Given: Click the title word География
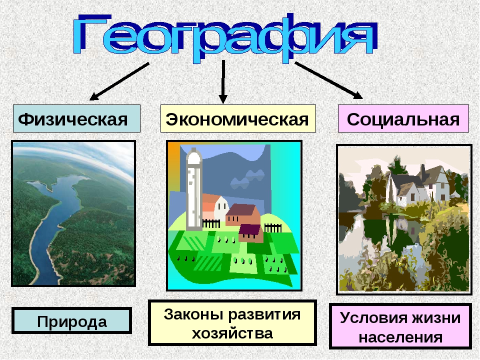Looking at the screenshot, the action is [x=225, y=38].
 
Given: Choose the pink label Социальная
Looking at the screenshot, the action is [x=403, y=119].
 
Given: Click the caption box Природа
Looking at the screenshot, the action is [x=71, y=321].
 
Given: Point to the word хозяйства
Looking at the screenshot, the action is [x=232, y=333].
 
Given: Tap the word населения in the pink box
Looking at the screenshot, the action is [x=400, y=337].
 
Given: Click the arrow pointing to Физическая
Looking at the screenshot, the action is [x=119, y=81].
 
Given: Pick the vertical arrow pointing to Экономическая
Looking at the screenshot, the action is [x=223, y=81].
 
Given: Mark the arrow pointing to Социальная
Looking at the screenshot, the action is [x=329, y=80].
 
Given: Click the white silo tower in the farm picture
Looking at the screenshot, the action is [x=194, y=189].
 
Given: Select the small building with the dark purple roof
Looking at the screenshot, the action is [x=251, y=233].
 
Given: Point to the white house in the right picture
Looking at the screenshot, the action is [x=418, y=186].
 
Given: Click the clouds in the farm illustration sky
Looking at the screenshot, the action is [x=247, y=179].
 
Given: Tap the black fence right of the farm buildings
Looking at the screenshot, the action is [x=273, y=228].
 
